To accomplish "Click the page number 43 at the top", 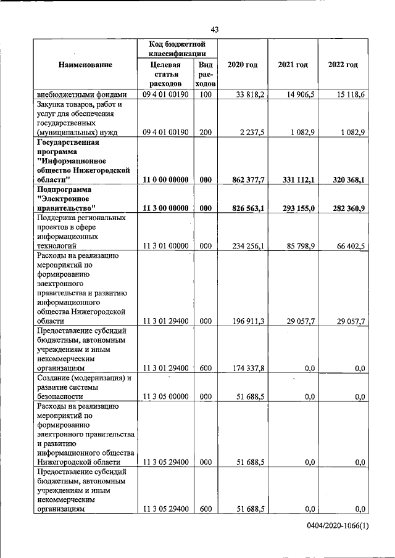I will tap(215, 30).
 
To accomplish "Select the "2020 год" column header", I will tap(242, 65).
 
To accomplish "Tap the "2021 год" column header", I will tap(293, 65).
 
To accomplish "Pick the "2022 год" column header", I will tap(343, 65).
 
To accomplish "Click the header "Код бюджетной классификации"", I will tap(177, 49).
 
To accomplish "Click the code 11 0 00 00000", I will tap(165, 179).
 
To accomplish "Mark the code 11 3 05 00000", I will tap(165, 396).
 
